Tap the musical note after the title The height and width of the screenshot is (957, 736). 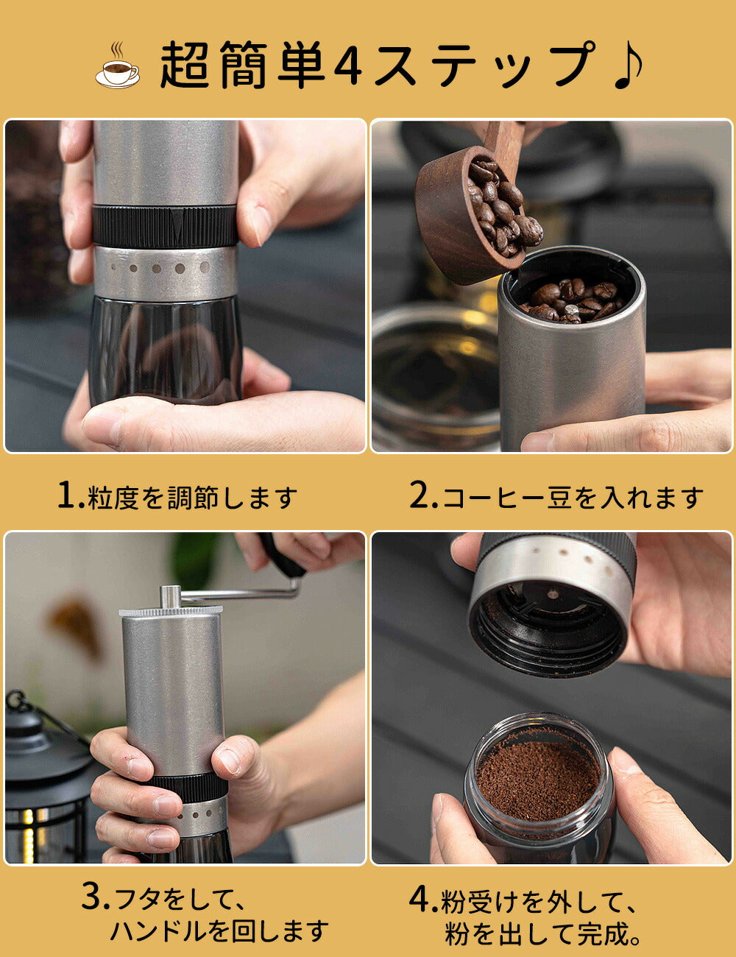628,65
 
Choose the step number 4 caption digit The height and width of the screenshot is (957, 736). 420,898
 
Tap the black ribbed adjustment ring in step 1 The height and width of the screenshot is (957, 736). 165,226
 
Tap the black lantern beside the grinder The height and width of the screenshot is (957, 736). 44,775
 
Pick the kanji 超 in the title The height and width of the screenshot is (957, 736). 184,66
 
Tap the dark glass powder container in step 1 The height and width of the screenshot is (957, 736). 165,350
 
